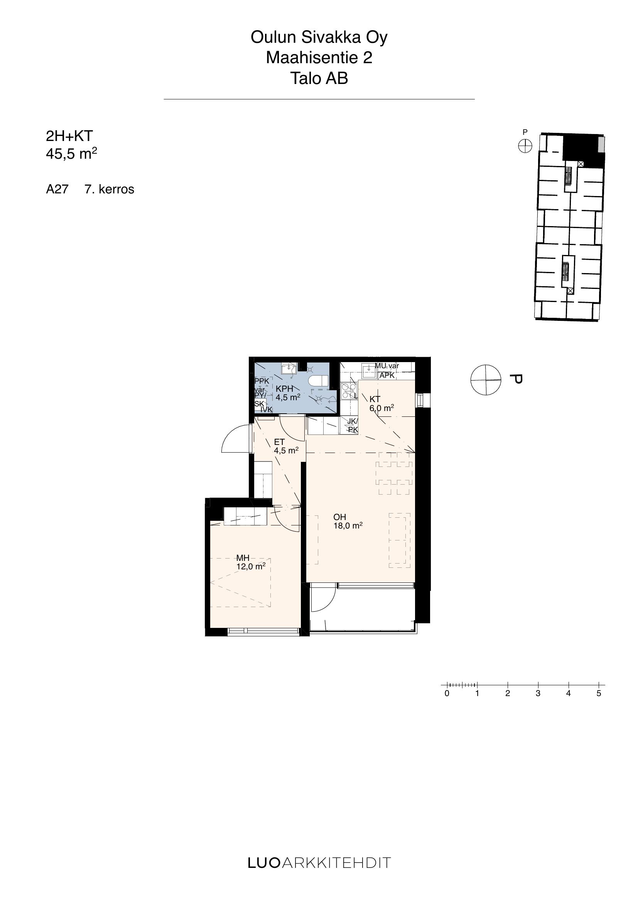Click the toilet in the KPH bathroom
point(318,380)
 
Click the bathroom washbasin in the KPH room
point(289,369)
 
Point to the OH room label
point(340,517)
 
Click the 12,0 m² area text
point(251,566)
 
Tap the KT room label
point(375,399)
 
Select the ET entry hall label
point(279,442)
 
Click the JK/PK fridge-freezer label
point(353,425)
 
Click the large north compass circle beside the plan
point(486,380)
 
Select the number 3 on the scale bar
point(538,693)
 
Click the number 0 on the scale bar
point(447,693)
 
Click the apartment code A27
point(57,189)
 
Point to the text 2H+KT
point(69,136)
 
